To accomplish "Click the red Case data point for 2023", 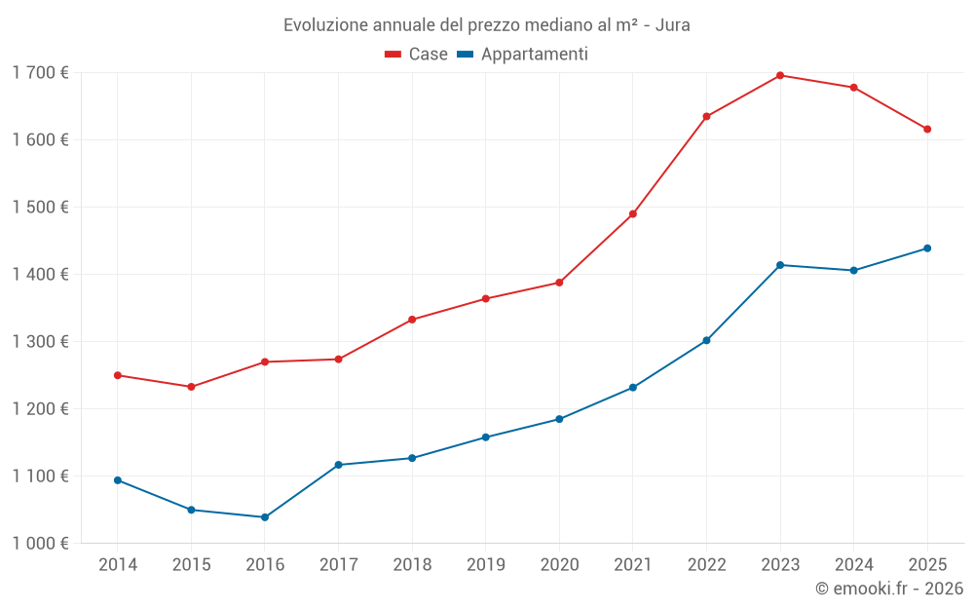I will tap(780, 75).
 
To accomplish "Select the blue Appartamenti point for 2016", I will tap(265, 517).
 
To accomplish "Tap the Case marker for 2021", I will tap(633, 214).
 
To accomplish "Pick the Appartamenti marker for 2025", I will tap(927, 248).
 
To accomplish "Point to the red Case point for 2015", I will tap(191, 387).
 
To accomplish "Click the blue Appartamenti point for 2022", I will tap(706, 341).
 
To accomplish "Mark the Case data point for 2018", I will tap(412, 320).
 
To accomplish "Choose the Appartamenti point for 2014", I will tap(118, 480).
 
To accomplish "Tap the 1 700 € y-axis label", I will tap(40, 73).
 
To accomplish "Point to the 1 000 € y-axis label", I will tap(40, 544).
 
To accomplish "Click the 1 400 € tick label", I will tap(40, 275).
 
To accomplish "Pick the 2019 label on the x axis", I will tap(485, 565).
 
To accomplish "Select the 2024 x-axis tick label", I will tap(853, 565).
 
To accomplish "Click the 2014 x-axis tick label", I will tap(118, 565).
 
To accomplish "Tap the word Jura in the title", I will tap(672, 25).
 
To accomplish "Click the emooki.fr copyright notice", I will tap(888, 589).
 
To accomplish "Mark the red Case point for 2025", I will tap(927, 130).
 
